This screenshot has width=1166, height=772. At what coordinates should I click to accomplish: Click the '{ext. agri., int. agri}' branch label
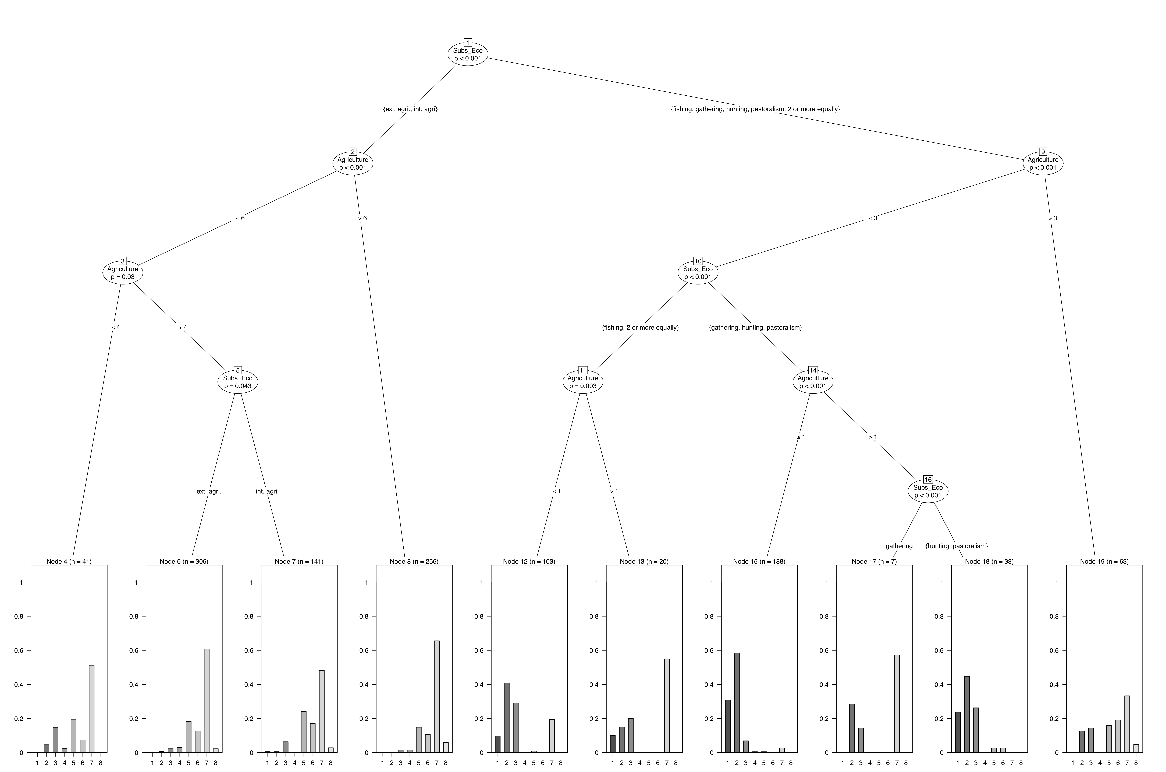410,109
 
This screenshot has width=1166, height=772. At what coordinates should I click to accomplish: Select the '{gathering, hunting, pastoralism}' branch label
755,327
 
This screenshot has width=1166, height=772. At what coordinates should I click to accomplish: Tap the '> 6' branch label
363,218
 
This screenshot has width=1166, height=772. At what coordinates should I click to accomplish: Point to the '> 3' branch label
1052,218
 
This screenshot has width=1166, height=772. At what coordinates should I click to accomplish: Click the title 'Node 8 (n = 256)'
414,561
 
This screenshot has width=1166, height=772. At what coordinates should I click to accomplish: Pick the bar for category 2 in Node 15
737,703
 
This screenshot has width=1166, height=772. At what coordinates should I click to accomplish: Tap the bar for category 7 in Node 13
667,705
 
